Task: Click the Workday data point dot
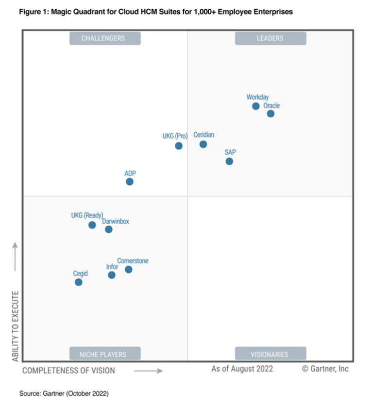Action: (x=255, y=106)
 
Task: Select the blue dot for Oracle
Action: (x=271, y=114)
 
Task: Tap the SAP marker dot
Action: (x=229, y=161)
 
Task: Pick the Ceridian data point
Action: (x=203, y=144)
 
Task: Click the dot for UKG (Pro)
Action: (x=179, y=145)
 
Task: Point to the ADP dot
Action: (x=130, y=181)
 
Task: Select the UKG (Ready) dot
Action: (x=92, y=225)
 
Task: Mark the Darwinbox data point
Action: (x=109, y=229)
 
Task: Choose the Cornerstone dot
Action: (x=128, y=269)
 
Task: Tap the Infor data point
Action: (x=112, y=275)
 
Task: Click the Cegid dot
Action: (x=78, y=282)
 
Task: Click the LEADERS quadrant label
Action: (x=270, y=38)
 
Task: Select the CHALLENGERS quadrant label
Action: (x=105, y=38)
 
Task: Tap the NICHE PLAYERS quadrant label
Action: (x=105, y=354)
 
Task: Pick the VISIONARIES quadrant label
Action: (x=270, y=354)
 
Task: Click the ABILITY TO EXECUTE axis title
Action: (x=16, y=326)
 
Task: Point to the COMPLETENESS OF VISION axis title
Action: (x=68, y=371)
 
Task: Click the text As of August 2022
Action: (x=242, y=369)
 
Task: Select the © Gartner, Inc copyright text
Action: (x=325, y=369)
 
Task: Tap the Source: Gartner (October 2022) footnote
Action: (x=64, y=392)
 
